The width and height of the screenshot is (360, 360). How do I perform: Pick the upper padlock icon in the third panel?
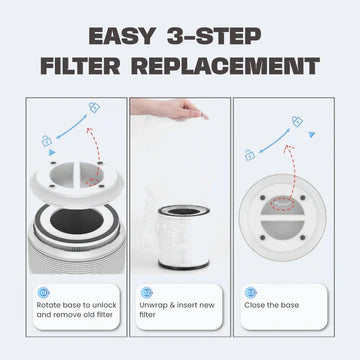[x=296, y=120]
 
